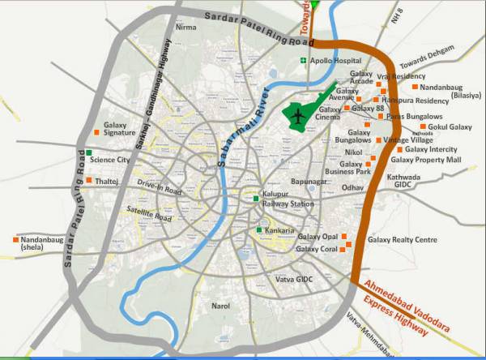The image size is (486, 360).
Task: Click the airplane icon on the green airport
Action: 299,116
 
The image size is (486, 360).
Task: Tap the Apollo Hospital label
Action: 335,61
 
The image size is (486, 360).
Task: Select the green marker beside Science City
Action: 90,152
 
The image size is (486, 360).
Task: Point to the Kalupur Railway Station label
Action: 288,199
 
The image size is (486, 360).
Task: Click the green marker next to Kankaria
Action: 259,231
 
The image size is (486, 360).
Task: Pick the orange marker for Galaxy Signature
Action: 96,131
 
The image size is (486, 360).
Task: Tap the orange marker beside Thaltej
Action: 88,180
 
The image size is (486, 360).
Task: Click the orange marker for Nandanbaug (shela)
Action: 16,240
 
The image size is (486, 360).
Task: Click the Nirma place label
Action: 185,28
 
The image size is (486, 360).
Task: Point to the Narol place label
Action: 220,306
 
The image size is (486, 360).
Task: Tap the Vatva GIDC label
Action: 292,279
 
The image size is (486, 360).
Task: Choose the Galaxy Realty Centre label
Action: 403,240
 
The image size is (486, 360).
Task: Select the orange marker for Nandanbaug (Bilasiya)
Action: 415,86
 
